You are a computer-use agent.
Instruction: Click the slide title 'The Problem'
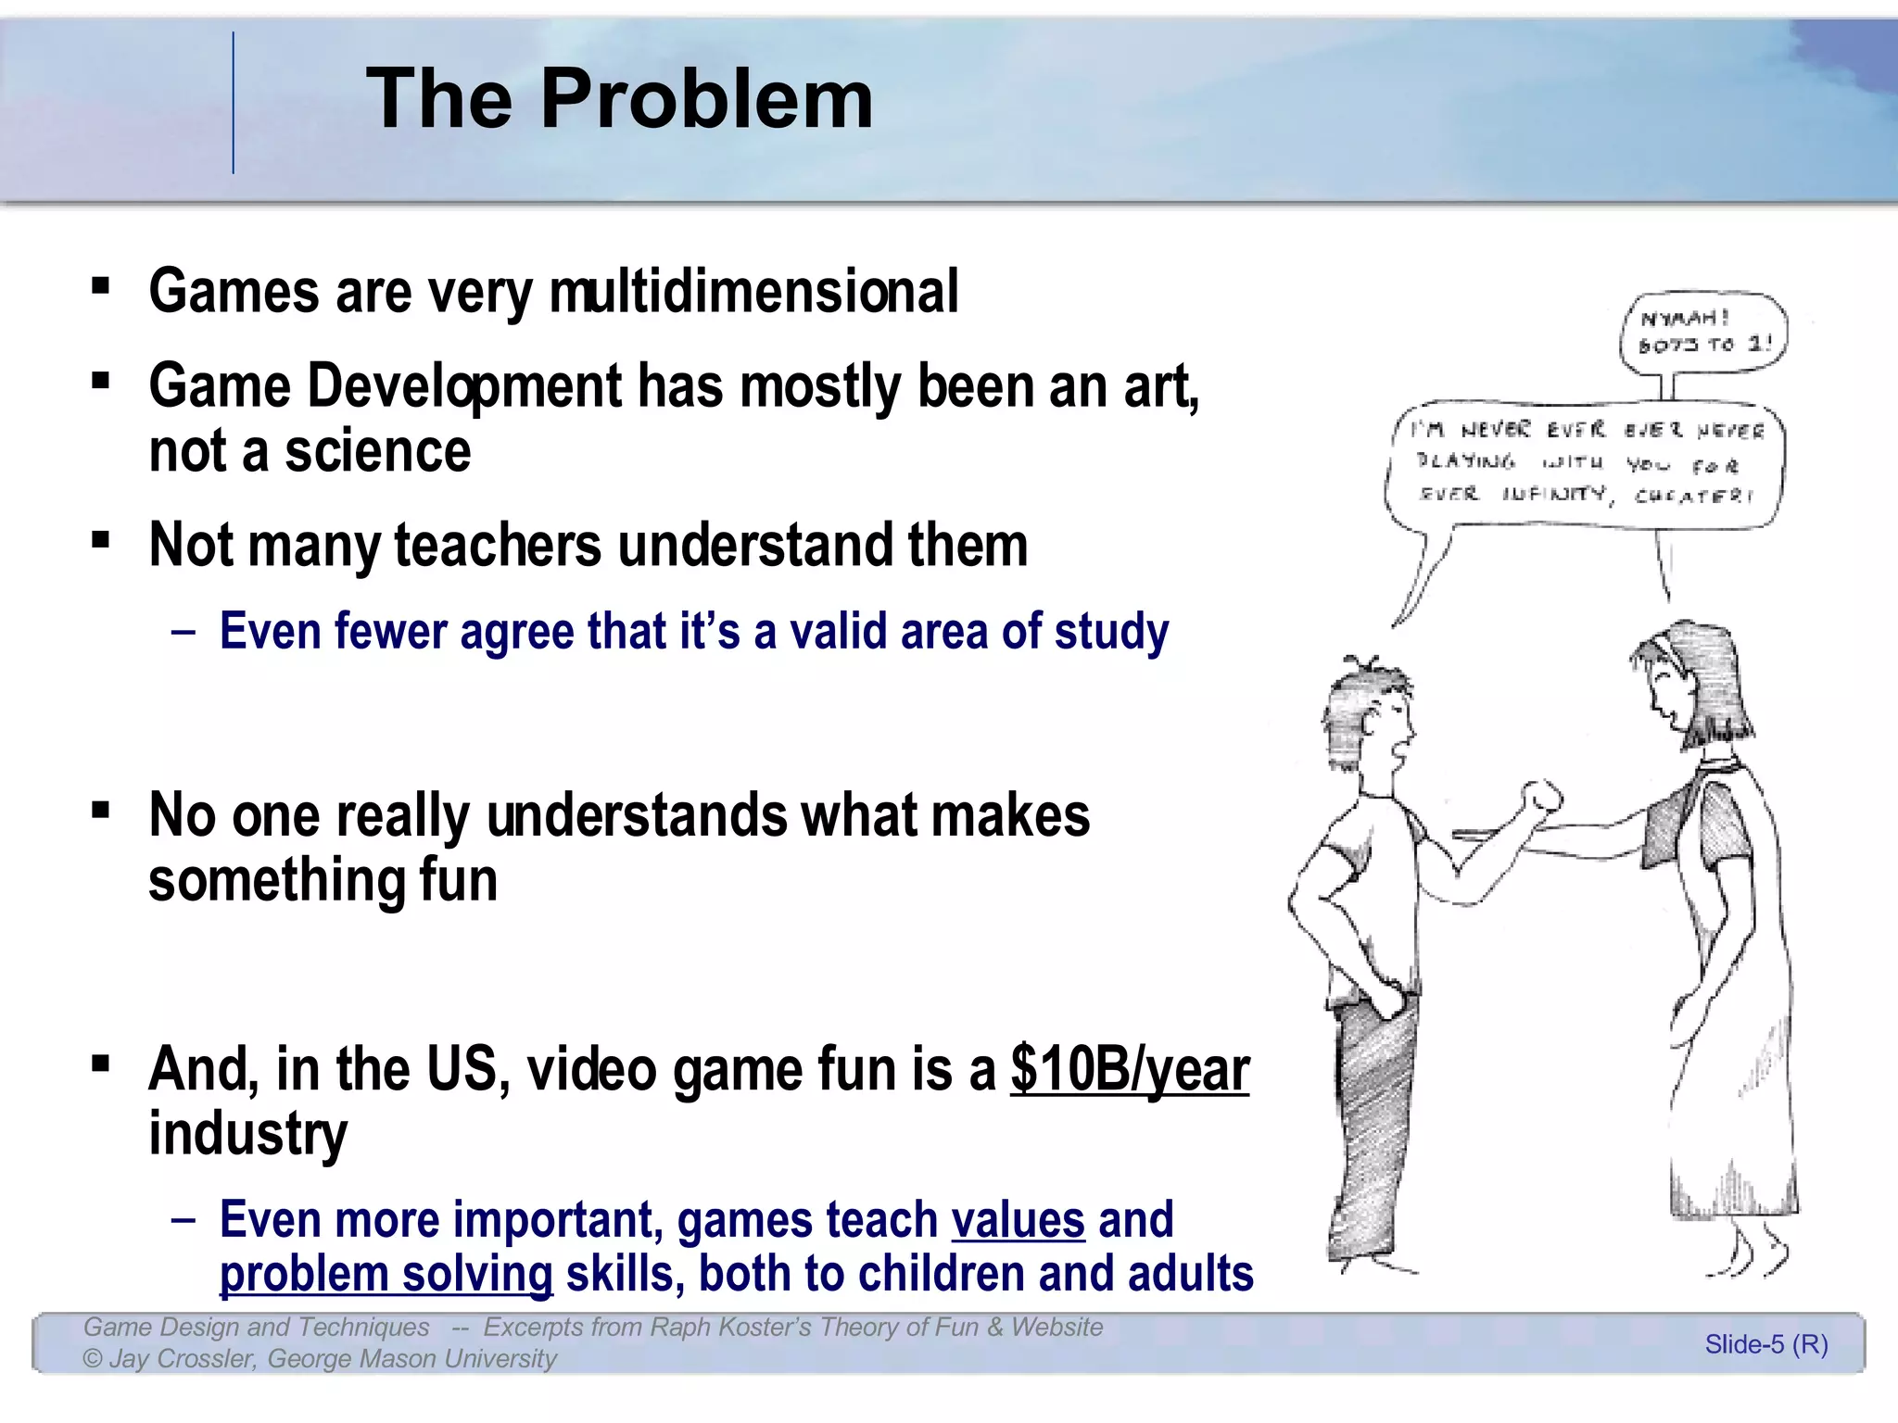(x=619, y=99)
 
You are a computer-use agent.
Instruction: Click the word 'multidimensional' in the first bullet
(x=753, y=292)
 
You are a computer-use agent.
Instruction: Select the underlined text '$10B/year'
(x=1129, y=1070)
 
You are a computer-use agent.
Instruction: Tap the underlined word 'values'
(x=1018, y=1220)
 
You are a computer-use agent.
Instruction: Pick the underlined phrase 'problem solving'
(x=386, y=1275)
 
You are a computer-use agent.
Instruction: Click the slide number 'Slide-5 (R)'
(x=1765, y=1344)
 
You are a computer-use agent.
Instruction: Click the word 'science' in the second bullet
(x=377, y=452)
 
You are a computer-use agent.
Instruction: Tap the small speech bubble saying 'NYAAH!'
(x=1703, y=332)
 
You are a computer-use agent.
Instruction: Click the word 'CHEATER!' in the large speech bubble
(x=1694, y=496)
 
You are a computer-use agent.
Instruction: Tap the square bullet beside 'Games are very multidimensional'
(x=101, y=285)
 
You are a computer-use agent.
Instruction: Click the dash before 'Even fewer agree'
(x=183, y=632)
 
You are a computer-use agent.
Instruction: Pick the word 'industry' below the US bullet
(x=247, y=1133)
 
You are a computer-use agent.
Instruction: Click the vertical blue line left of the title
(x=233, y=102)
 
